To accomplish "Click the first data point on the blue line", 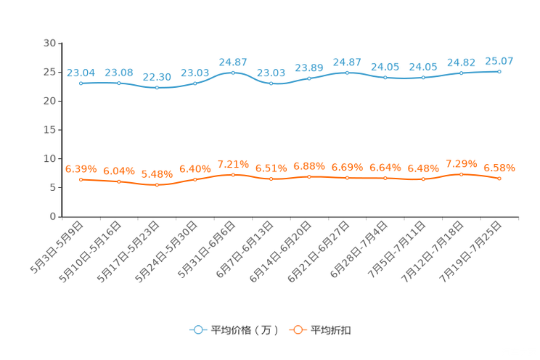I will point(81,83).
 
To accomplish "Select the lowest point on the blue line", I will point(157,87).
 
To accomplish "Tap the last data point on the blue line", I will point(499,71).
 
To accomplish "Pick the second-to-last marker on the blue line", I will point(461,73).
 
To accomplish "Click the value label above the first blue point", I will point(81,72).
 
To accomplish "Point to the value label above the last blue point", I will point(499,60).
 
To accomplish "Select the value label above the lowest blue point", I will point(157,76).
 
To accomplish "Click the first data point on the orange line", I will point(81,179).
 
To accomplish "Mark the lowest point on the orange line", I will point(157,185).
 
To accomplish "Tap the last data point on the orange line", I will point(499,178).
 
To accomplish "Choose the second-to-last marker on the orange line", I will point(461,173).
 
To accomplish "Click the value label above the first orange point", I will point(81,168).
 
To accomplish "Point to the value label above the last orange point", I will point(499,168).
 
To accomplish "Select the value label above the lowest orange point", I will point(157,174).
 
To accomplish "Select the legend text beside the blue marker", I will point(245,330).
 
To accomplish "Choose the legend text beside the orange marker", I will point(332,330).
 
